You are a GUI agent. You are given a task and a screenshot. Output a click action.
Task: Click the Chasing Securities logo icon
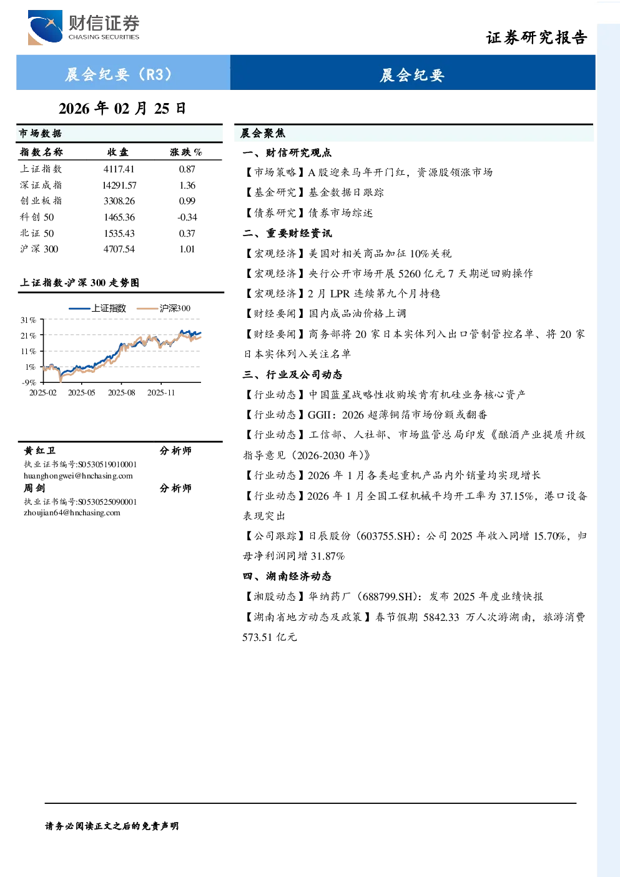(45, 27)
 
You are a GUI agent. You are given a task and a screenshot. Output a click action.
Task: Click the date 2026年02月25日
(122, 109)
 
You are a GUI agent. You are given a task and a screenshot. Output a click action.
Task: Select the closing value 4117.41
(119, 169)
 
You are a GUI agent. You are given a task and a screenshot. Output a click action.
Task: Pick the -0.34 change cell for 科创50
(187, 217)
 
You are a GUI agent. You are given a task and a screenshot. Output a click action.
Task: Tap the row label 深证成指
(41, 185)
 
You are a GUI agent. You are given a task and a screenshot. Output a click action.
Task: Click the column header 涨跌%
(186, 152)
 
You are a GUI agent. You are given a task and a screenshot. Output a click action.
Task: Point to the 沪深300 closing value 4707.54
(119, 249)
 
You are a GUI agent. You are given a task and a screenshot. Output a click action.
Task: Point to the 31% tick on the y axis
(28, 320)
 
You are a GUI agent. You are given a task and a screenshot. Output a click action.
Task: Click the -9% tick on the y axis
(29, 382)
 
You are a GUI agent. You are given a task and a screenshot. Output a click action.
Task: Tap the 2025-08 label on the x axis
(121, 393)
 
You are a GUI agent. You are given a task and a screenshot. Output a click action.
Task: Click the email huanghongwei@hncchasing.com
(78, 476)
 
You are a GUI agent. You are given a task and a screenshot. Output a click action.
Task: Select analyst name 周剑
(34, 488)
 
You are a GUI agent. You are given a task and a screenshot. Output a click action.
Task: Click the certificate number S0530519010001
(107, 464)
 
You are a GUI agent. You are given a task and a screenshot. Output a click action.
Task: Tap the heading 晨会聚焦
(263, 134)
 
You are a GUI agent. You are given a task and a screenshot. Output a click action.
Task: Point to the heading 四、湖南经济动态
(287, 577)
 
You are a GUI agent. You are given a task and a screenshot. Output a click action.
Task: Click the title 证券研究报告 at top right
(536, 38)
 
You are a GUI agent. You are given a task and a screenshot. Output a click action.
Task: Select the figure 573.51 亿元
(269, 637)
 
